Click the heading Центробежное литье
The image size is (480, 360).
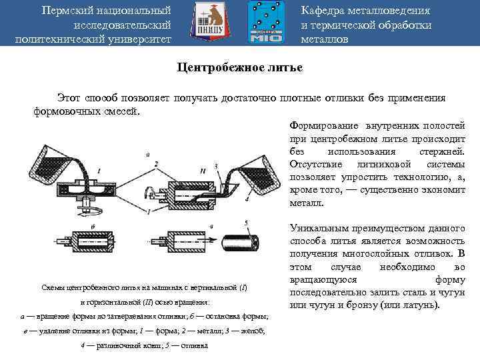pyautogui.click(x=239, y=68)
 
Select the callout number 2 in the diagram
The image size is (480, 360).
pyautogui.click(x=155, y=163)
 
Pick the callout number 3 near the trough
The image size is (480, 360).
pyautogui.click(x=217, y=165)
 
